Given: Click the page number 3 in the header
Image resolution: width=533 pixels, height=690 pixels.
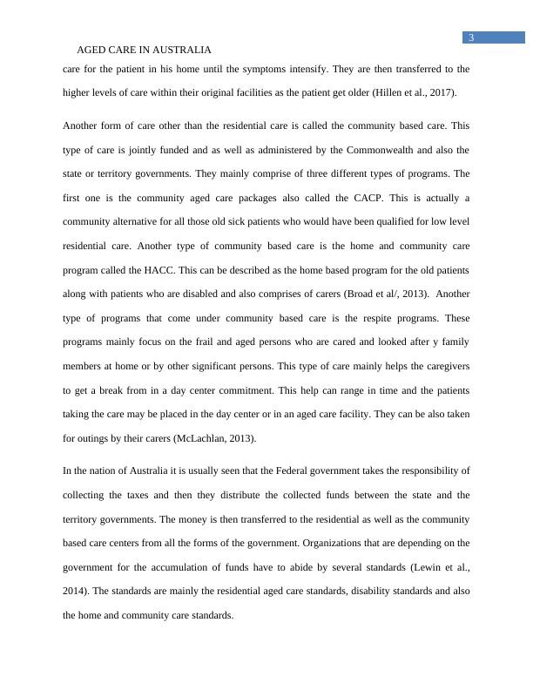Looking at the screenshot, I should pos(471,37).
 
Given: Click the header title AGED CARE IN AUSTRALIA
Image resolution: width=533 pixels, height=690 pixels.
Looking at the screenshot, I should pos(145,51).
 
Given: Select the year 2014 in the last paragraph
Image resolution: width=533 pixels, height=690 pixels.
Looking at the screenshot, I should pos(75,591).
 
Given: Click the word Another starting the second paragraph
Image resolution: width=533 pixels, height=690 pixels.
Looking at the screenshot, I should pos(84,125).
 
